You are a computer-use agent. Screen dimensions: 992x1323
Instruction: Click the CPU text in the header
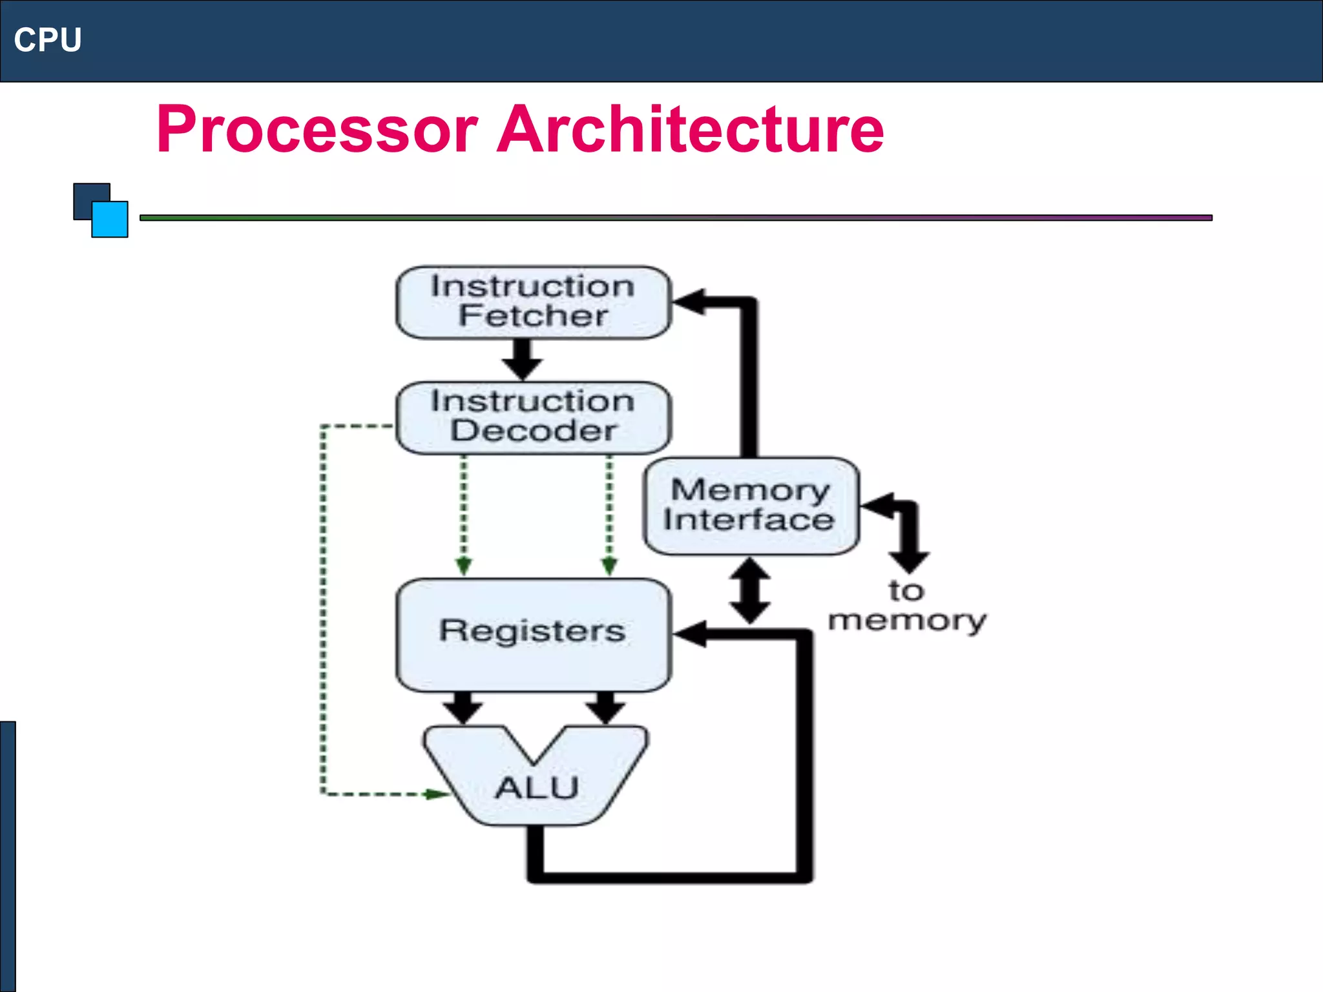pyautogui.click(x=48, y=40)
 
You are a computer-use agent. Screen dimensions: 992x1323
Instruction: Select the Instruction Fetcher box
pyautogui.click(x=533, y=302)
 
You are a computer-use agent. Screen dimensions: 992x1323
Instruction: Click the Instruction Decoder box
pyautogui.click(x=533, y=417)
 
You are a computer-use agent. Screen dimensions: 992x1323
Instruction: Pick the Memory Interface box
pyautogui.click(x=751, y=506)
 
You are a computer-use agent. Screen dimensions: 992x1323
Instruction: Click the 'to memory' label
pyautogui.click(x=906, y=606)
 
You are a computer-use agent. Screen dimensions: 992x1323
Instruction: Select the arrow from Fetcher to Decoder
pyautogui.click(x=522, y=360)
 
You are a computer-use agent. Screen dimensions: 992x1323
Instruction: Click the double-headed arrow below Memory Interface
pyautogui.click(x=749, y=590)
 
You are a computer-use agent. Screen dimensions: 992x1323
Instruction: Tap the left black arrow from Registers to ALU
pyautogui.click(x=463, y=708)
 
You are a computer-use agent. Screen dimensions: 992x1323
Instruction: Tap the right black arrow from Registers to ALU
pyautogui.click(x=605, y=708)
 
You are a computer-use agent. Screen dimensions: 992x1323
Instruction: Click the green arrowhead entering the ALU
pyautogui.click(x=436, y=794)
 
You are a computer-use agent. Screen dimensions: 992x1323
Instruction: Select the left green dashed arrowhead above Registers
pyautogui.click(x=463, y=566)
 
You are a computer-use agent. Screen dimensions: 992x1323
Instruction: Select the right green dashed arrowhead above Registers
pyautogui.click(x=609, y=566)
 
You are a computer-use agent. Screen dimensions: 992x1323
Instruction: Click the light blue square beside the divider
pyautogui.click(x=110, y=220)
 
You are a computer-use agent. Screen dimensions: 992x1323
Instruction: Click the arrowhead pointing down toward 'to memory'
pyautogui.click(x=909, y=560)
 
